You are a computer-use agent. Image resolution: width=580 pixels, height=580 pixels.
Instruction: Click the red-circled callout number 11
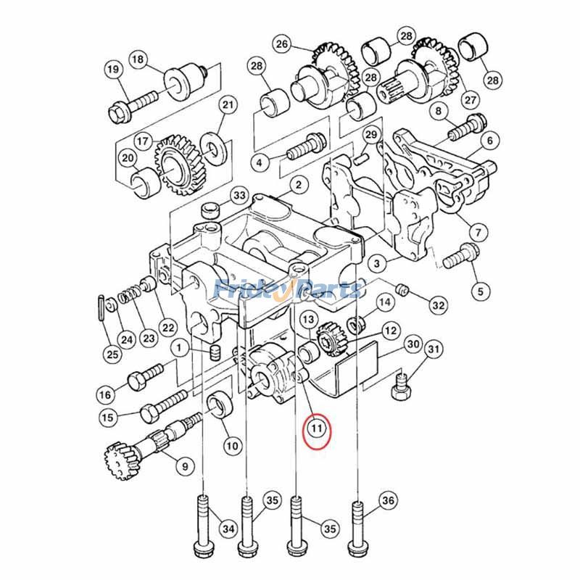(316, 428)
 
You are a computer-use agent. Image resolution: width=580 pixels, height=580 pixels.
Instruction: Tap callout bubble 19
(113, 70)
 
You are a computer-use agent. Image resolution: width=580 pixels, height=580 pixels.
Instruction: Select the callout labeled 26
(282, 45)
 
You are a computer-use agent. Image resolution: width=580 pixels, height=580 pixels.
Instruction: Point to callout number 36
(389, 500)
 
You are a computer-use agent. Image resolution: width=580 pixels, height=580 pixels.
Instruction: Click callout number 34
(228, 529)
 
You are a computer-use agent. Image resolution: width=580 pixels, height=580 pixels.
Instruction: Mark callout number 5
(476, 292)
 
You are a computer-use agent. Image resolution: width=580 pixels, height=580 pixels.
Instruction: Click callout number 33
(239, 196)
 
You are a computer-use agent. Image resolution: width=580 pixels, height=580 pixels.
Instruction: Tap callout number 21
(228, 106)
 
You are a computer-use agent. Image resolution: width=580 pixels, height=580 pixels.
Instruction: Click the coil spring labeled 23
(129, 296)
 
